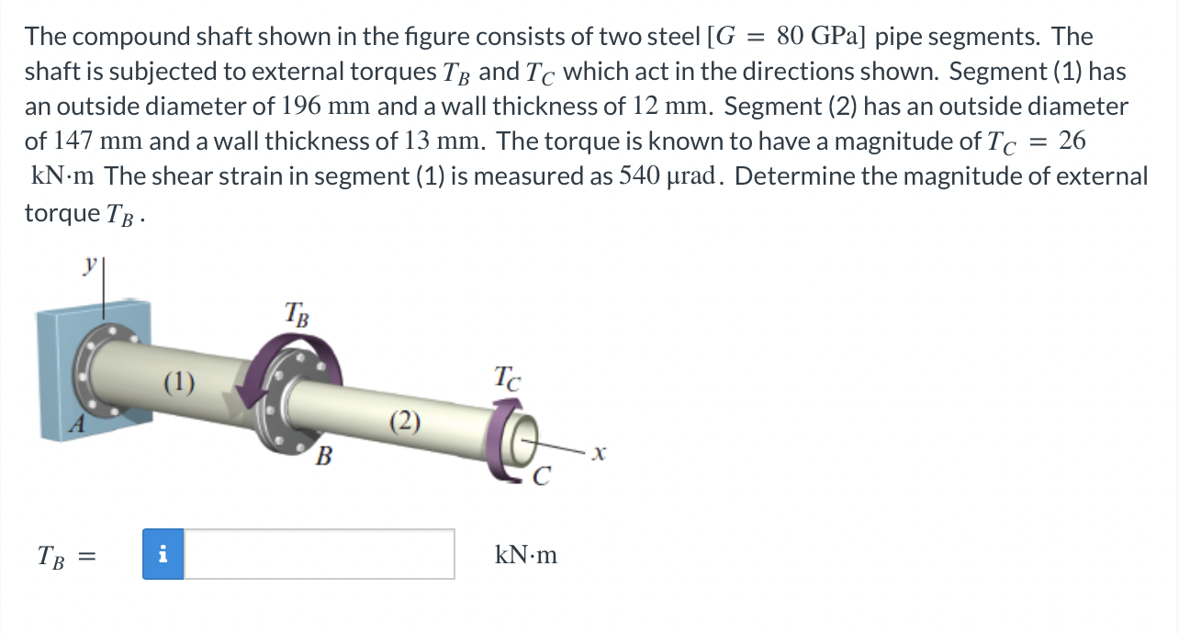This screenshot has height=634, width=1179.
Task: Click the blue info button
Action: click(x=163, y=554)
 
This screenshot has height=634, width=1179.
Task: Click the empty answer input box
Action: click(x=319, y=554)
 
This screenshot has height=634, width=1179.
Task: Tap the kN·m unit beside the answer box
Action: click(x=525, y=555)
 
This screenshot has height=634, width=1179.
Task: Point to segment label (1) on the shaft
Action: click(x=178, y=380)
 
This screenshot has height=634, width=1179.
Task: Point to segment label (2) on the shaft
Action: click(x=404, y=422)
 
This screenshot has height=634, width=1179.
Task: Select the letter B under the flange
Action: click(x=322, y=455)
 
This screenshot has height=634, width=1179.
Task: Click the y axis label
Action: click(x=90, y=263)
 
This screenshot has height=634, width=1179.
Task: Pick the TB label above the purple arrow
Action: click(x=297, y=315)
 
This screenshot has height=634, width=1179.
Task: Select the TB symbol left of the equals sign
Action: click(x=51, y=555)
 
